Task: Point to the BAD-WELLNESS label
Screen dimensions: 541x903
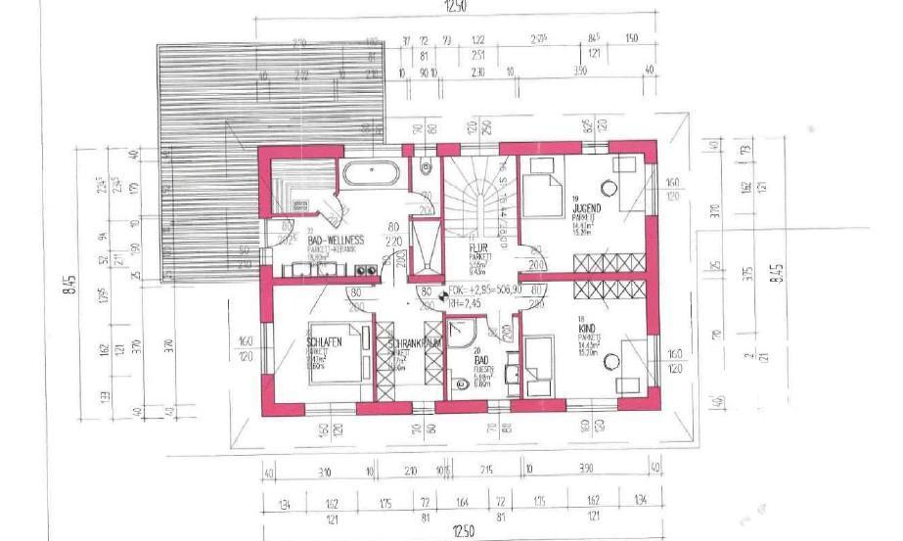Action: [x=336, y=239]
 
